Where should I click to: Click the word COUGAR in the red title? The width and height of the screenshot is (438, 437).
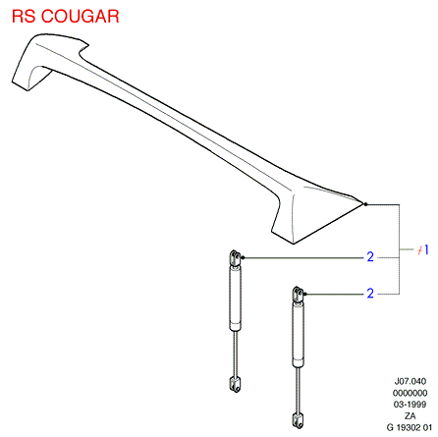[81, 17]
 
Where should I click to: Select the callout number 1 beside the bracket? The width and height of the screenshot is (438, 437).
[426, 250]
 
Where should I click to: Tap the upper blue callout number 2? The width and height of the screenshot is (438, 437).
[370, 256]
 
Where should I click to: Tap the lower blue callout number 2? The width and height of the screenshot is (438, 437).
[370, 293]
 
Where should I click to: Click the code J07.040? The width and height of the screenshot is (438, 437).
[411, 381]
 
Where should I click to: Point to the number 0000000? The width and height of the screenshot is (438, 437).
[411, 393]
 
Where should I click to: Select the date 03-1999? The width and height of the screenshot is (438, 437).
[411, 405]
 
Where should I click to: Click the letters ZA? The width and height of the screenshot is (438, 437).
[411, 415]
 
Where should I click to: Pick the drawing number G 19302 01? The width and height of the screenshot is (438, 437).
[410, 427]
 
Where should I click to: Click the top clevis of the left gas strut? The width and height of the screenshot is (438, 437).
[235, 258]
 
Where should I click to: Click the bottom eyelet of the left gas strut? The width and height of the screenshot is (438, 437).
[235, 384]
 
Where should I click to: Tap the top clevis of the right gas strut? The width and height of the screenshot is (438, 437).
[298, 295]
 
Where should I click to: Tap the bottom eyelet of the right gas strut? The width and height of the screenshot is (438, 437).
[298, 420]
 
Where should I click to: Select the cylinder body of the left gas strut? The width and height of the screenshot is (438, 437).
[235, 299]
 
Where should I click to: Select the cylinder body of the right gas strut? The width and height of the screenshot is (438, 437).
[298, 335]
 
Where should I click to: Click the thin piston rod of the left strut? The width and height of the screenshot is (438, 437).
[235, 354]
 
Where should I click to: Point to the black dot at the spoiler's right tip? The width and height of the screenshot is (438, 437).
[365, 204]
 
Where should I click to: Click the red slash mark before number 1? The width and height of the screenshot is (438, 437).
[420, 250]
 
